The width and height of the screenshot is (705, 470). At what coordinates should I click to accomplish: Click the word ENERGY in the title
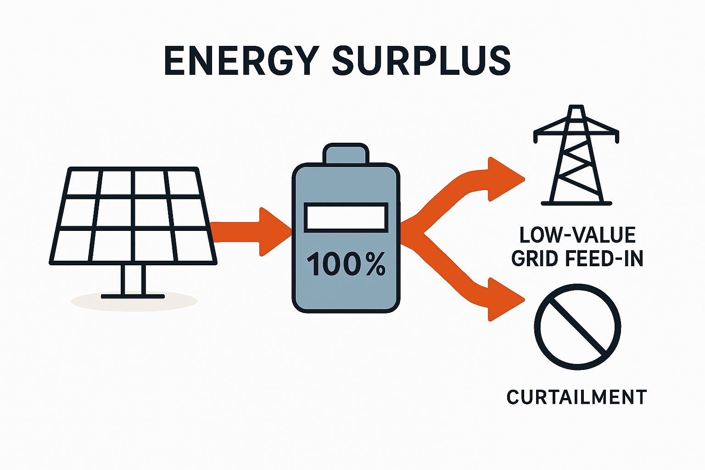click(241, 61)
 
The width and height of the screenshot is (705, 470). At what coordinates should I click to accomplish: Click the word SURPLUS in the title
click(421, 61)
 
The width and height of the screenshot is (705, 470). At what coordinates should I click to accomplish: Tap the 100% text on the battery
click(346, 264)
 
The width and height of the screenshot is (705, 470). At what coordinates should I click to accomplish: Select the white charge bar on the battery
click(346, 217)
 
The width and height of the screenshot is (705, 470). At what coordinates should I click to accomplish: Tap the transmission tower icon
click(576, 156)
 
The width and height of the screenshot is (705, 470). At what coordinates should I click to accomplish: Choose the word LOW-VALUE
click(577, 235)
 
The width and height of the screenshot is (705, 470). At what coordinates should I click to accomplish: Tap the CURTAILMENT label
click(576, 397)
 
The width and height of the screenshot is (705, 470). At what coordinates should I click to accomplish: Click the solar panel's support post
click(133, 280)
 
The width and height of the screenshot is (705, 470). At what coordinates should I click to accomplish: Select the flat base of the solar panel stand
click(133, 297)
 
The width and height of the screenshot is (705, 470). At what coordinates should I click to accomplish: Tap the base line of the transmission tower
click(576, 203)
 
